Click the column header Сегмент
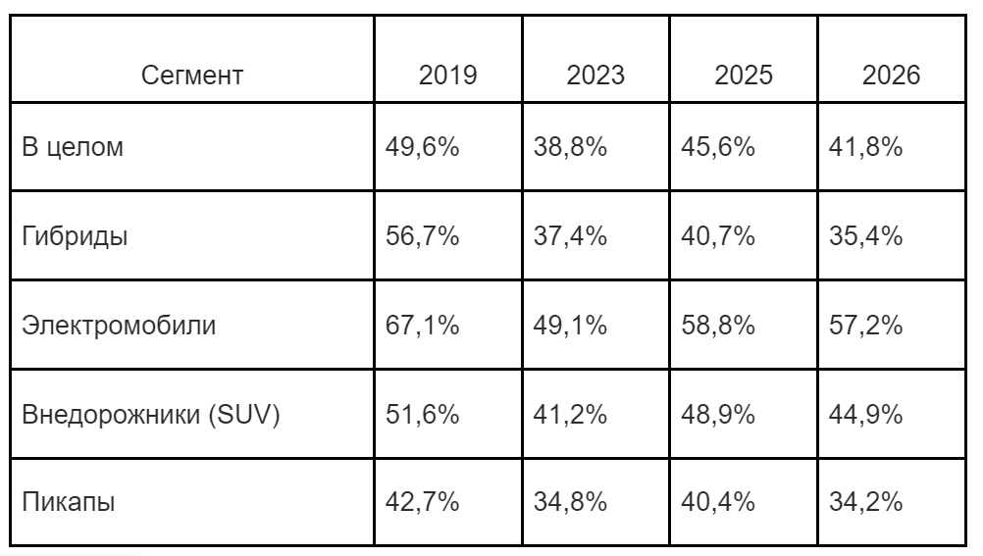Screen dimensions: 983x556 pos(192,76)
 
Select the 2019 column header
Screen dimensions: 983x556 pos(447,76)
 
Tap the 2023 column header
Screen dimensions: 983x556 pos(595,76)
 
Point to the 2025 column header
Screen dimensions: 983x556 pos(744,76)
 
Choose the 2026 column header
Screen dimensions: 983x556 pos(891,76)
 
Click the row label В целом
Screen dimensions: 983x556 pos(73,147)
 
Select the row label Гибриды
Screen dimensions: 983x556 pos(75,236)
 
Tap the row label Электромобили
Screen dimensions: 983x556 pos(119,326)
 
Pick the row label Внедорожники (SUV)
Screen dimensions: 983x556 pos(151,415)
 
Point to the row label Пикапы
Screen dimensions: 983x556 pos(69,502)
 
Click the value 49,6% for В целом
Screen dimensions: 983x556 pos(423,147)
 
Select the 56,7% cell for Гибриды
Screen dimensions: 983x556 pos(423,236)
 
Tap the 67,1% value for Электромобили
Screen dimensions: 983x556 pos(423,326)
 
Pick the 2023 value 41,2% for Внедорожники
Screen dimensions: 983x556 pos(571,415)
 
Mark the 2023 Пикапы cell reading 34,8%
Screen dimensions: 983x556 pos(571,502)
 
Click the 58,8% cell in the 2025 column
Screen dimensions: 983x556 pos(718,326)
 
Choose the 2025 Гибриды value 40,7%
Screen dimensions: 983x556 pos(718,236)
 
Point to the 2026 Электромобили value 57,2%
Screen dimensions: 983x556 pos(866,326)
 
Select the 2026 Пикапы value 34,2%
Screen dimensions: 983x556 pos(866,502)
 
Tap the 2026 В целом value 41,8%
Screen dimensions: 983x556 pos(866,147)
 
